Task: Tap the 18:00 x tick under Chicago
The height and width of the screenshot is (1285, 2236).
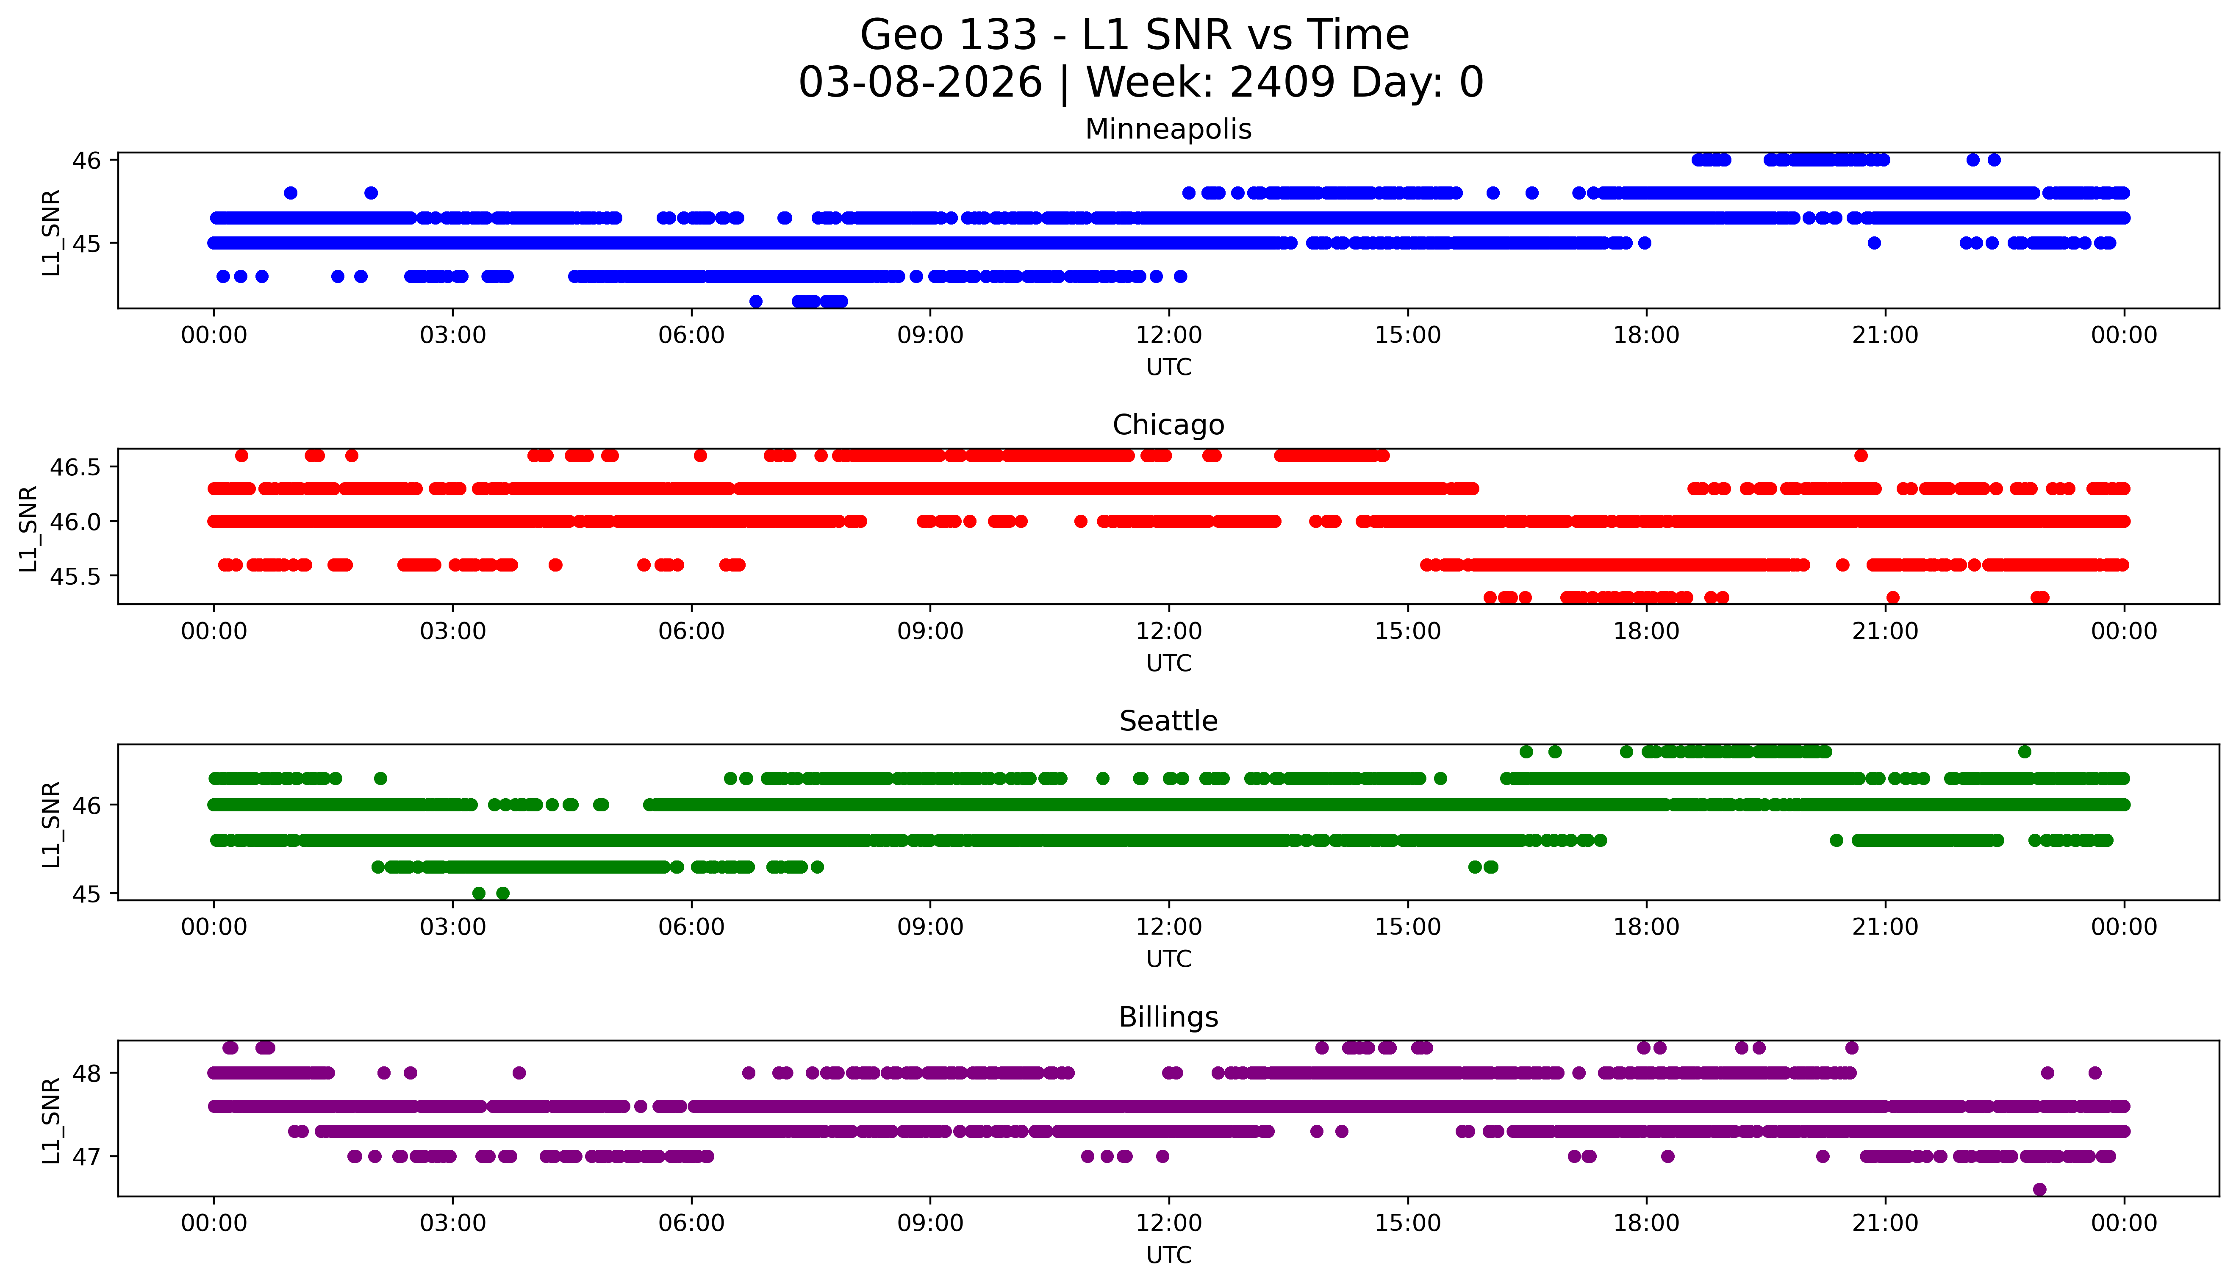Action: tap(1646, 631)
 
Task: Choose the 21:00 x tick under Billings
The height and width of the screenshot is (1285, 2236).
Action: tap(1885, 1223)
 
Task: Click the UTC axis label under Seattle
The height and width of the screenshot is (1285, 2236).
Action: tap(1168, 959)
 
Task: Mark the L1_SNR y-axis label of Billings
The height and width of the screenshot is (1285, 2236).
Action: tap(51, 1119)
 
